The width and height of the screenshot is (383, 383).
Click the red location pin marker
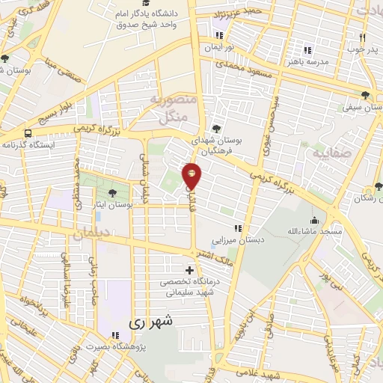192,175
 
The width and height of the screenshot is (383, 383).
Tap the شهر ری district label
150,322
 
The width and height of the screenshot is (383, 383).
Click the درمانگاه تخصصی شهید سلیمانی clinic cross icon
189,270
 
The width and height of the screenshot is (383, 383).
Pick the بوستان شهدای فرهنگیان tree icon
216,128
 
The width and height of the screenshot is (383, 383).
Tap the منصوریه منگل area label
173,108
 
